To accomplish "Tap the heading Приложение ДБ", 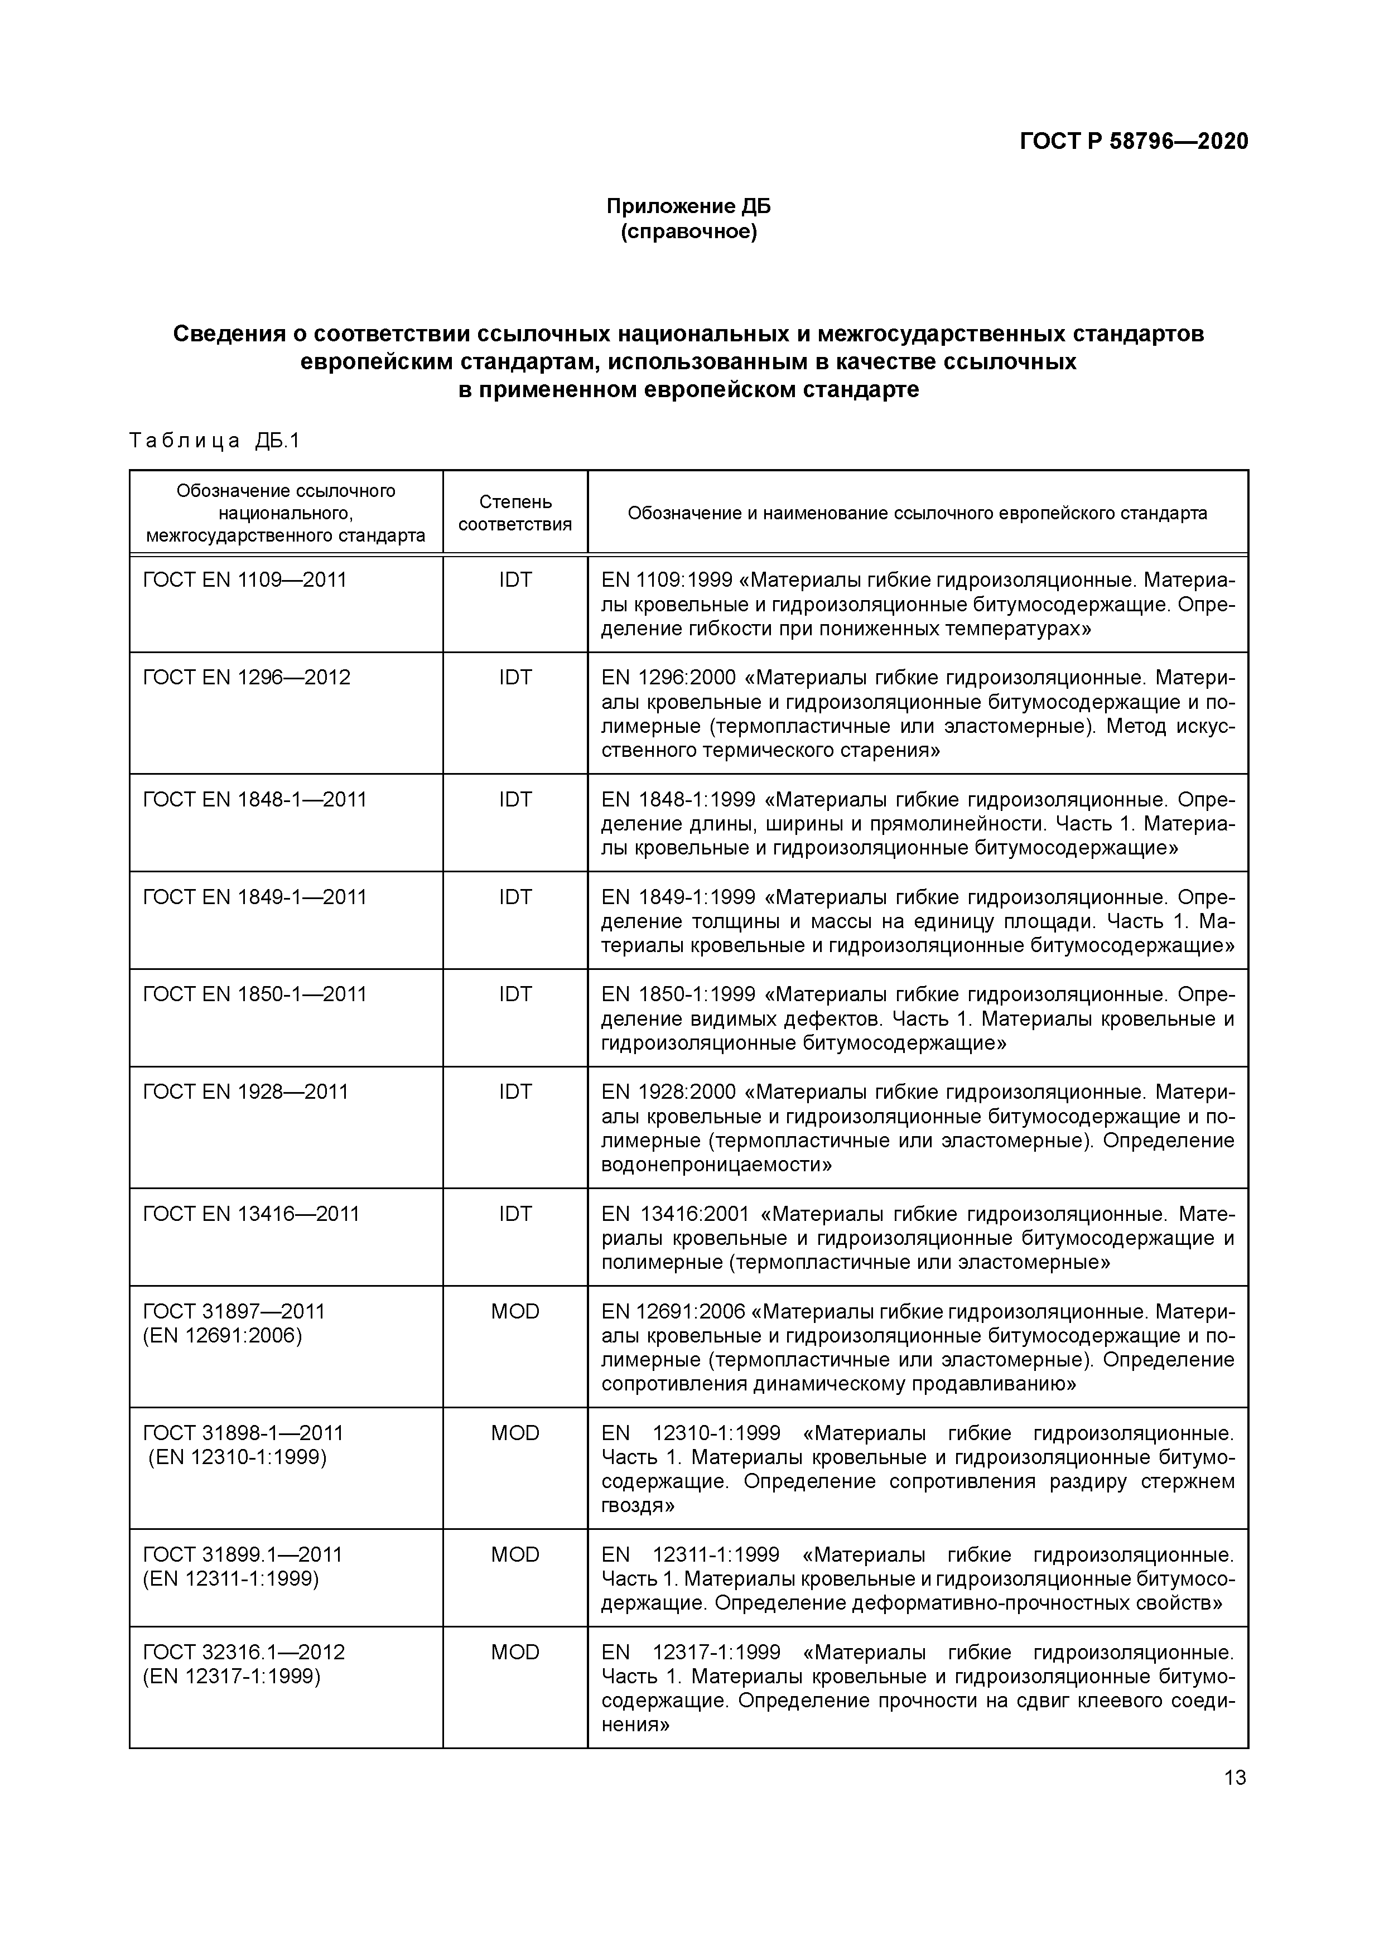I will [688, 206].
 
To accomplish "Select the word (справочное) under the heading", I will [688, 231].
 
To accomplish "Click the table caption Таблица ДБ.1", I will [215, 441].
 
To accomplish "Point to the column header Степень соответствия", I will [515, 513].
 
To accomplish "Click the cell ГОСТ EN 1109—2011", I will [244, 580].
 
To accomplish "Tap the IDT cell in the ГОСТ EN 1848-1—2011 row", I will [515, 799].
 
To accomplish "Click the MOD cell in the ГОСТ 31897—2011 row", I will [515, 1311].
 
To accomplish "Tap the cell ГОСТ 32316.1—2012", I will [244, 1652].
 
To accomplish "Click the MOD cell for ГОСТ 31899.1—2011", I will [515, 1555].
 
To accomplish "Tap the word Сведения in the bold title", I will [228, 334].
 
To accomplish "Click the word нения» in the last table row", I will [635, 1725].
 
